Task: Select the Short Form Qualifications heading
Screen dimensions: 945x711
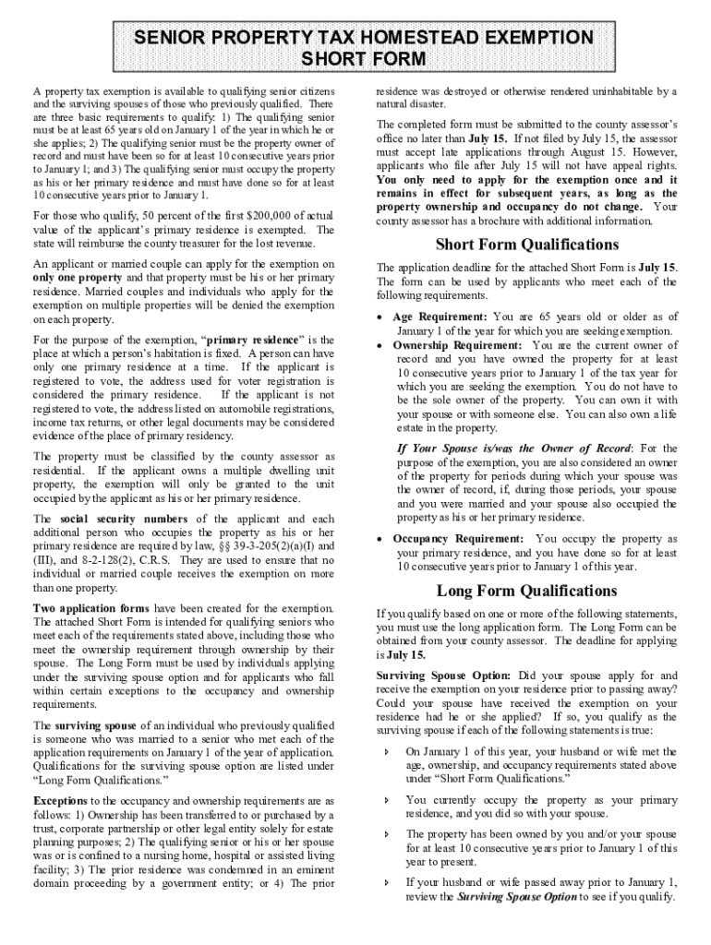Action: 526,245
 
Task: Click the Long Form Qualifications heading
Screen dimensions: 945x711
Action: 526,591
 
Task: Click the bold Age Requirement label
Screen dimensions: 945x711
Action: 440,317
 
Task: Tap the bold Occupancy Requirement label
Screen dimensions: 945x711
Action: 457,539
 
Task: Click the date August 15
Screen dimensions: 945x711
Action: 597,152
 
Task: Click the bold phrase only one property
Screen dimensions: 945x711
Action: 77,277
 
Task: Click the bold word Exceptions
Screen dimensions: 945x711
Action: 61,801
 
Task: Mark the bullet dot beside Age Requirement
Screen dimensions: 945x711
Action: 381,317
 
